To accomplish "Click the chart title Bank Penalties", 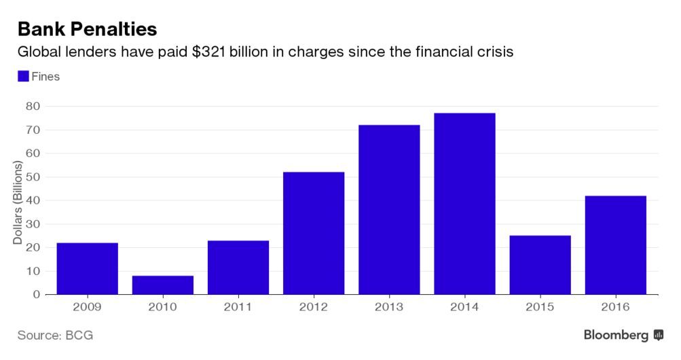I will tap(87, 29).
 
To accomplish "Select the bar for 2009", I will tap(87, 268).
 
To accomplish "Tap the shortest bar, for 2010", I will tap(162, 285).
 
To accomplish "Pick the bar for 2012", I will tap(314, 233).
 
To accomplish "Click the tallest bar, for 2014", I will tap(465, 204).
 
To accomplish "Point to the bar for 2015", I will tap(540, 265).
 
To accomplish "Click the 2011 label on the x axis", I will tap(238, 307).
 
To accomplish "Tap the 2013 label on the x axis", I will tap(389, 307).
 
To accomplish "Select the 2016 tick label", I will tap(616, 307).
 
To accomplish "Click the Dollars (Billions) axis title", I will tap(18, 201).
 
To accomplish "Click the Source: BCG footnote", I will tap(55, 336).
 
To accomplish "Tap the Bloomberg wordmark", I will tap(616, 336).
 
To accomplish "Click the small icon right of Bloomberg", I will tap(658, 336).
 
